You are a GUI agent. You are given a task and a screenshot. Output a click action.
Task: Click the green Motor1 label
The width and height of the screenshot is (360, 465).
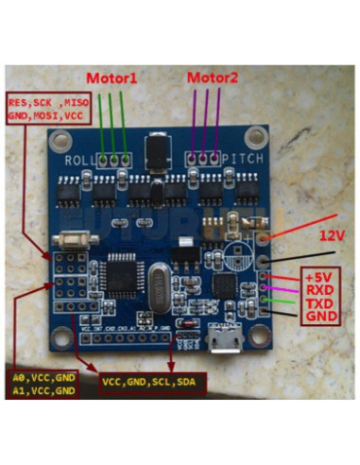(111, 77)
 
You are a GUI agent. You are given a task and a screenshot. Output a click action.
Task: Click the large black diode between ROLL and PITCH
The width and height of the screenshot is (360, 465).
(157, 151)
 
